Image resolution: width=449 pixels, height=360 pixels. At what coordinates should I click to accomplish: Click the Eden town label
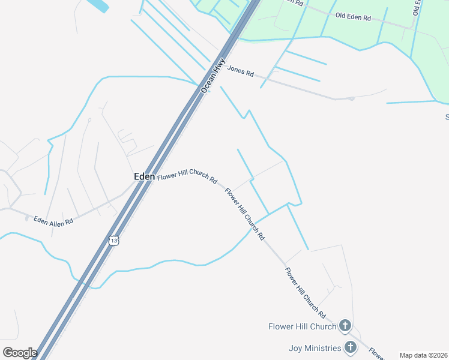click(144, 177)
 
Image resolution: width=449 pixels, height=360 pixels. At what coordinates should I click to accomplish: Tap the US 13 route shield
click(114, 240)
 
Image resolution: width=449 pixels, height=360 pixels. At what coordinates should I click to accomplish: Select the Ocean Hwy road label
click(214, 76)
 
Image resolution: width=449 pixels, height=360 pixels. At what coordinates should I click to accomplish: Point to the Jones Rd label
click(240, 71)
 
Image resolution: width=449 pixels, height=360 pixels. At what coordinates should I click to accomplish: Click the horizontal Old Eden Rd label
click(353, 17)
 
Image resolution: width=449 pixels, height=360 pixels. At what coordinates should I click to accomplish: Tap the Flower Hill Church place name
click(302, 326)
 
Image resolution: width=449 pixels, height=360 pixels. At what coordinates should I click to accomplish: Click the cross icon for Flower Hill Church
click(345, 326)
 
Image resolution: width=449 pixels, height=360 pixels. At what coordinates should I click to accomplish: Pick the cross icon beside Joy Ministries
click(350, 347)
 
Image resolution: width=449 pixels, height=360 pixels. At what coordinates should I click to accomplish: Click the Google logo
click(20, 353)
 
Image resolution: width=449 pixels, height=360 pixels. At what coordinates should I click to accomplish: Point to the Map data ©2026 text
click(424, 355)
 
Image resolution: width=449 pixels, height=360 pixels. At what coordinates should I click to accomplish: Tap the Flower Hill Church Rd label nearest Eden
click(187, 175)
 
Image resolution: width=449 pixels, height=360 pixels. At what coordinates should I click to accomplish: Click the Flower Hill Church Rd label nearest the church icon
click(305, 293)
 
